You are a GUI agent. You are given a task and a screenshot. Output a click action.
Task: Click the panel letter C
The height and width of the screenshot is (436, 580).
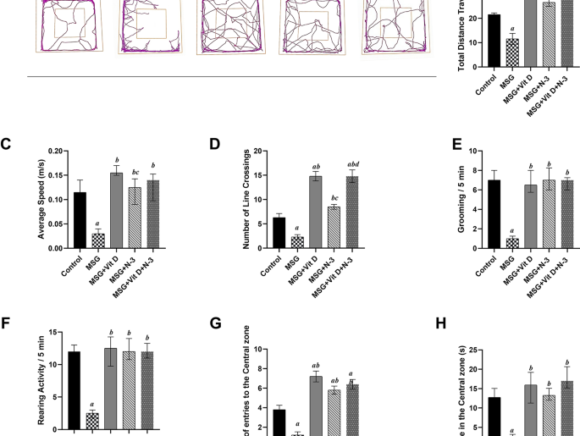5,145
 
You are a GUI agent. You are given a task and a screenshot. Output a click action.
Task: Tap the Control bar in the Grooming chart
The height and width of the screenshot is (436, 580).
494,214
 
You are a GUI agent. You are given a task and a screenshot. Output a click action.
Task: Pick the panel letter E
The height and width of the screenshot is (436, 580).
458,145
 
